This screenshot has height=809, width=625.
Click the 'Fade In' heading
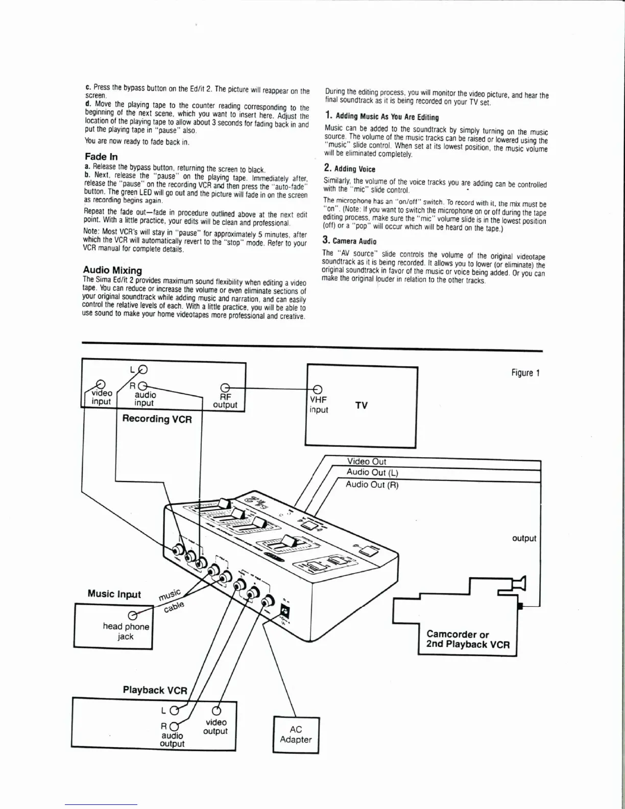[101, 157]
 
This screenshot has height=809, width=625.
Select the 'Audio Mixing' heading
[112, 270]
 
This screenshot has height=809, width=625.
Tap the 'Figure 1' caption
[525, 373]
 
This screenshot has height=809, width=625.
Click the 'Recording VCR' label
[157, 419]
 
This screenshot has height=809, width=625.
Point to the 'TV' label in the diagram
[362, 406]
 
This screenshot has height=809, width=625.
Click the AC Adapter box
[296, 734]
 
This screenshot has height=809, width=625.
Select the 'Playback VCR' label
[155, 690]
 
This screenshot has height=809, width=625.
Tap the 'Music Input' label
[114, 593]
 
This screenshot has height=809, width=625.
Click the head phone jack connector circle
[133, 615]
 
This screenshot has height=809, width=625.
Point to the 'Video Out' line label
[367, 462]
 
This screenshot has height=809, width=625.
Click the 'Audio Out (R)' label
[372, 485]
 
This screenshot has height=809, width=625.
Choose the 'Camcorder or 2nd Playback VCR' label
[468, 639]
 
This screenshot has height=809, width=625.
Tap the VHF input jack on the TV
[317, 389]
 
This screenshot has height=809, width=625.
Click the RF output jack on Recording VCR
[224, 387]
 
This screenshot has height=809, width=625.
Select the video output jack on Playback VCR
[216, 710]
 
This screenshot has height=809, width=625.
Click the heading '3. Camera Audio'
[349, 241]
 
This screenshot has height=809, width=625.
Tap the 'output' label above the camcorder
[524, 538]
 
